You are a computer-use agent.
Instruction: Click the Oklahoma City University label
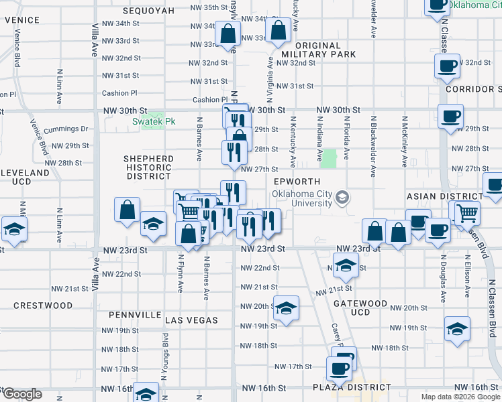coord(303,200)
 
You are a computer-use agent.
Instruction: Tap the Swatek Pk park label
coord(153,121)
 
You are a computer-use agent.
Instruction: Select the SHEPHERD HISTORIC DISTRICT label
coord(148,167)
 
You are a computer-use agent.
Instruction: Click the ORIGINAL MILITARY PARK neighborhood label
coord(309,50)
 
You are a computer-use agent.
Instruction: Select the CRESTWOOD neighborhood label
coord(43,306)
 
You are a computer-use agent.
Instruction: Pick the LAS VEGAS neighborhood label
coord(191,320)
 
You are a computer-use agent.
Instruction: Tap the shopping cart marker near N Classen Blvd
coord(466,213)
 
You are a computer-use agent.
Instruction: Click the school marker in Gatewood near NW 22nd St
coord(346,266)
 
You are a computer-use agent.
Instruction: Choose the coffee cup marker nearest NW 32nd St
coord(447,66)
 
